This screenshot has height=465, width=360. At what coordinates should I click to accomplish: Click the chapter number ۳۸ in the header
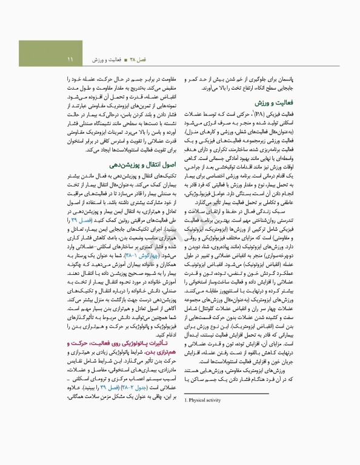(x=138, y=59)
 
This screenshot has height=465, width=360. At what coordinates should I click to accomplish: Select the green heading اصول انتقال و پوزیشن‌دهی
(x=136, y=163)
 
